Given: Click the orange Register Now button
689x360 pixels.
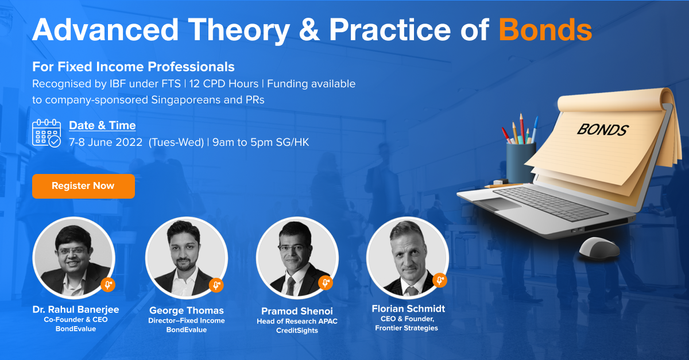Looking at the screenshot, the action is pyautogui.click(x=83, y=186).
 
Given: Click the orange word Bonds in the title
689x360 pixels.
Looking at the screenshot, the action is pyautogui.click(x=545, y=30).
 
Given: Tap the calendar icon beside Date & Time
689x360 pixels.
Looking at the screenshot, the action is pyautogui.click(x=47, y=133).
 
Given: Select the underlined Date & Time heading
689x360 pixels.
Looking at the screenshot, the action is pyautogui.click(x=102, y=126).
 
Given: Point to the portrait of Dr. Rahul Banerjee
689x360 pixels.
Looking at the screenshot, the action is pyautogui.click(x=74, y=258).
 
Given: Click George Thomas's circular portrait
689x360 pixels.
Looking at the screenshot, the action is pyautogui.click(x=187, y=258).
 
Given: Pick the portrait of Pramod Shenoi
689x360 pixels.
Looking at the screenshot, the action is pyautogui.click(x=297, y=258).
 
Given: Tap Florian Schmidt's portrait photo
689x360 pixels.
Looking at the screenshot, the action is pyautogui.click(x=408, y=258).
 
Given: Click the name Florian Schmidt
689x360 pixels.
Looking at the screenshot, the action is pyautogui.click(x=408, y=308).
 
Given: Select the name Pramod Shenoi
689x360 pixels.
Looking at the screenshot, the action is pyautogui.click(x=297, y=311).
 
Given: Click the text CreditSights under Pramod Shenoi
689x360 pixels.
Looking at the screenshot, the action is pyautogui.click(x=297, y=331).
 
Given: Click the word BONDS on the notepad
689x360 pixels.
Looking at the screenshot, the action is pyautogui.click(x=602, y=130).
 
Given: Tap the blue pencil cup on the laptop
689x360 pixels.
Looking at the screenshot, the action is pyautogui.click(x=521, y=162).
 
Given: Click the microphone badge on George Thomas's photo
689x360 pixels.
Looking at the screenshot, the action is pyautogui.click(x=216, y=285).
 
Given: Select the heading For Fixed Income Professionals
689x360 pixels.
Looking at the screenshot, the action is pyautogui.click(x=133, y=67).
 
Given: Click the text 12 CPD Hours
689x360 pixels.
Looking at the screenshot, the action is pyautogui.click(x=223, y=84).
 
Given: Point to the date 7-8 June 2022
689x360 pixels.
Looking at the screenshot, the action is pyautogui.click(x=106, y=142).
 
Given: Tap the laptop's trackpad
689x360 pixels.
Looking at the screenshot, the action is pyautogui.click(x=498, y=204).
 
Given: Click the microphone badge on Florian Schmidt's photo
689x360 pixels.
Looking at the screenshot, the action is pyautogui.click(x=440, y=280).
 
